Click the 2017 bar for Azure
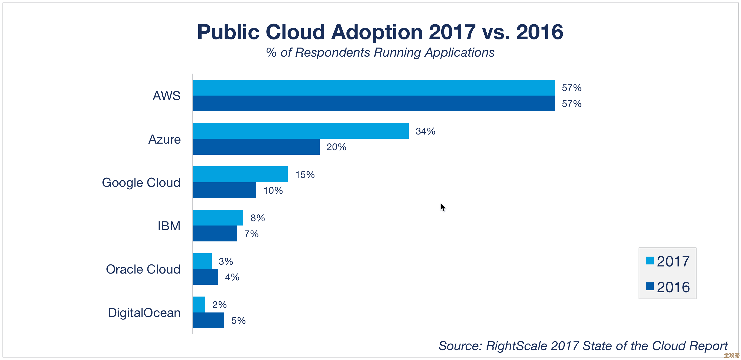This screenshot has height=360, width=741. (301, 131)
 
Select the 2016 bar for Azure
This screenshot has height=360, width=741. (256, 147)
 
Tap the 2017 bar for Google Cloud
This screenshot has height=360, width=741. (240, 174)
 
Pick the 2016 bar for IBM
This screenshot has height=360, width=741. (215, 234)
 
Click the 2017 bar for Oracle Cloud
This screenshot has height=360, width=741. (202, 261)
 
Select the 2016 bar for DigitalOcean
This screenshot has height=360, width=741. (209, 320)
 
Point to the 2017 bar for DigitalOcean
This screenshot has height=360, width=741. (199, 304)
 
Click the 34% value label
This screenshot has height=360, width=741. (425, 131)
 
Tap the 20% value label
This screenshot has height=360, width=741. (336, 147)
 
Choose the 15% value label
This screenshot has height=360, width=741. (305, 175)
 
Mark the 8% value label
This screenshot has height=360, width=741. (257, 218)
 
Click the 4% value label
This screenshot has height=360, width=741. (232, 277)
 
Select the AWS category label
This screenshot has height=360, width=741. (167, 96)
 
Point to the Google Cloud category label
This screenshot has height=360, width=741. (141, 183)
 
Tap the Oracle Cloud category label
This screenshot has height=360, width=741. (143, 269)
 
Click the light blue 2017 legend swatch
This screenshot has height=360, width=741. (649, 260)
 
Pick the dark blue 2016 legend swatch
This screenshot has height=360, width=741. (649, 286)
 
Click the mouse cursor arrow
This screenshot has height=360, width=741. (442, 207)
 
